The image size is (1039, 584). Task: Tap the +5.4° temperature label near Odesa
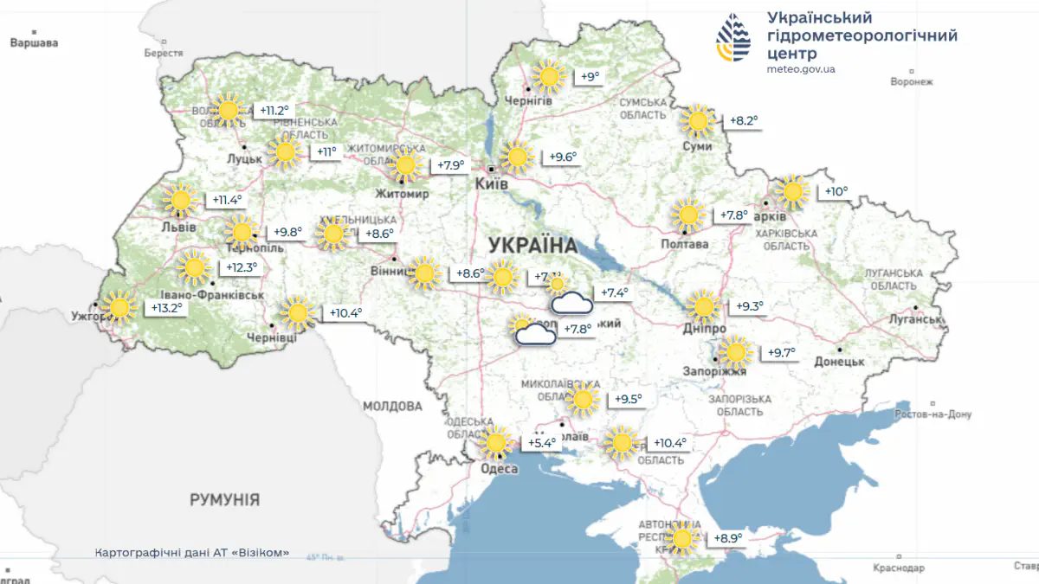point(542,444)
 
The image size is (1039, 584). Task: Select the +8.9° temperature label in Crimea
point(727,539)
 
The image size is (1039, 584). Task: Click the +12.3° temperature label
point(242,268)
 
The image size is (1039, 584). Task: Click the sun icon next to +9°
point(548,78)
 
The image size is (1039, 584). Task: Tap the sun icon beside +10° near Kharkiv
point(791,192)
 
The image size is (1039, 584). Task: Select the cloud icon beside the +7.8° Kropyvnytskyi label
point(534,334)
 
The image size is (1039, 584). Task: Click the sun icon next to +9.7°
point(735,352)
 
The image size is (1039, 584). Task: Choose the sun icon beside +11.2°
point(228,111)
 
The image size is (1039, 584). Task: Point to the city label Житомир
point(402,195)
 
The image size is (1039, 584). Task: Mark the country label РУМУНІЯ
point(224,500)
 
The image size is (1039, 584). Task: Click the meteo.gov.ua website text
point(801,69)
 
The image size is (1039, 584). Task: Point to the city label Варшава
point(34,42)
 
